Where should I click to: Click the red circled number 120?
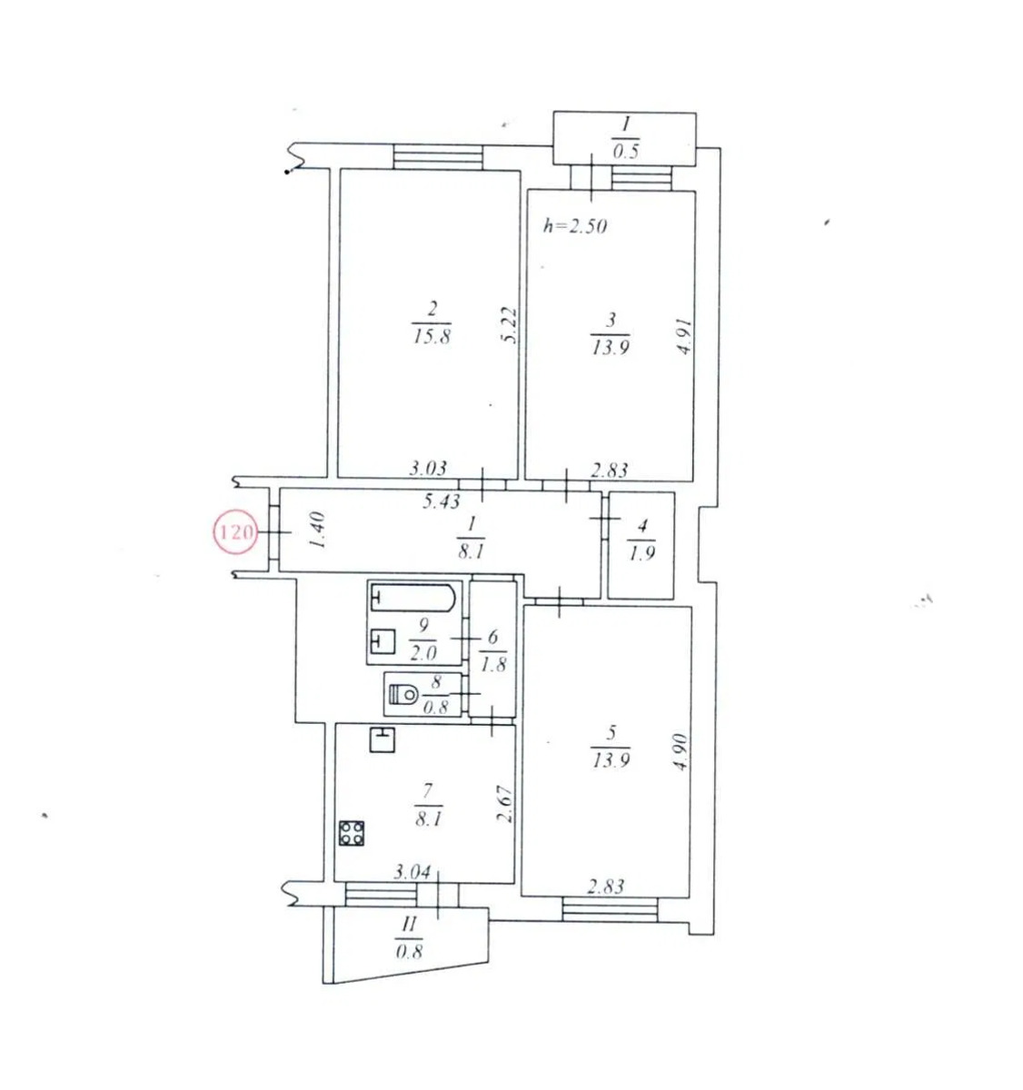click(x=235, y=531)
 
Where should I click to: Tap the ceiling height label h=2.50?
click(x=575, y=226)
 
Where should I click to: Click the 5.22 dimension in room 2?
click(x=510, y=325)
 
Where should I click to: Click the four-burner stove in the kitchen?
click(x=352, y=833)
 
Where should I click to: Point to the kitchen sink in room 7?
click(x=382, y=738)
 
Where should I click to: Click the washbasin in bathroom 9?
click(x=382, y=641)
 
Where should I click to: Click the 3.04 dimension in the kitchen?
click(x=412, y=872)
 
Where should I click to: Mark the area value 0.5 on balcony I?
click(x=625, y=151)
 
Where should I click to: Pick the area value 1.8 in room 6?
click(x=492, y=665)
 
